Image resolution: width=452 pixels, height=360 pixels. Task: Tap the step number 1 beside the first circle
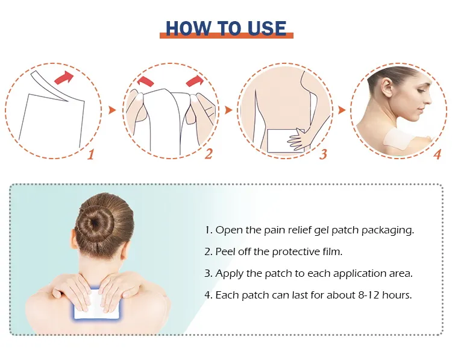[91, 154]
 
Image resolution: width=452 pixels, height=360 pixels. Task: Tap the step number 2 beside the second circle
[209, 154]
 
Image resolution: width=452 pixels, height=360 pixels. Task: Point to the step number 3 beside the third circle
[323, 154]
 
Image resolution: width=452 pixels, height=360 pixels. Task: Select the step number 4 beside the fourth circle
[438, 154]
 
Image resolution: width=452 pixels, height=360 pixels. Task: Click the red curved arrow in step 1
[64, 78]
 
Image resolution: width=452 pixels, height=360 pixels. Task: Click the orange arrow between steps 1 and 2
[112, 110]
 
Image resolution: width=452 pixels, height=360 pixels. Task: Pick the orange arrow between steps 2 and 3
[228, 110]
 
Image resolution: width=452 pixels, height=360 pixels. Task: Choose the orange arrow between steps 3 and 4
[342, 110]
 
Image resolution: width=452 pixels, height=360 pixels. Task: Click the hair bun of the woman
[96, 223]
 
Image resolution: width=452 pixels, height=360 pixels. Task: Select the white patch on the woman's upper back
[96, 303]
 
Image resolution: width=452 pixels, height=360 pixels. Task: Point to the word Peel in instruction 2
[224, 251]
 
